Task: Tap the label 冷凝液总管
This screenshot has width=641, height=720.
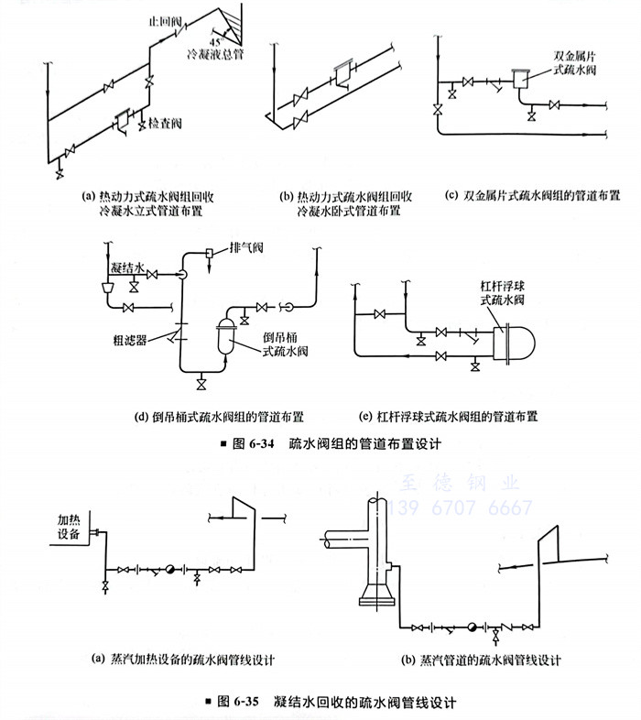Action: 215,52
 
